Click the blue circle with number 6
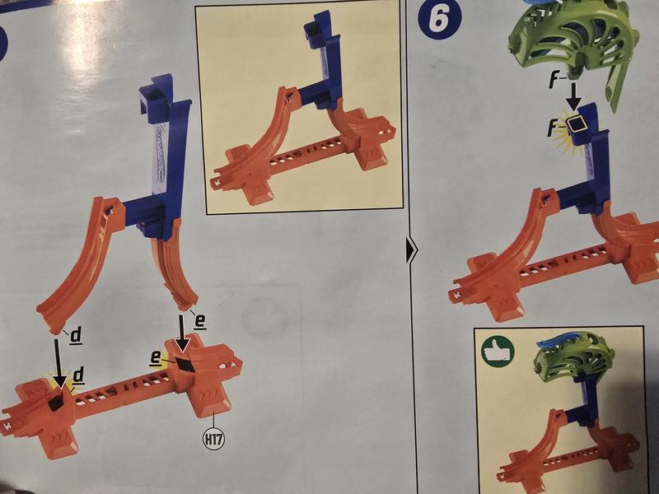tap(440, 19)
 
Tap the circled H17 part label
tap(213, 440)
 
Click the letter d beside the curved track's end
tap(76, 336)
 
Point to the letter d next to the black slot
tap(78, 375)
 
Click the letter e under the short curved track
tap(200, 321)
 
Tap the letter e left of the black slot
tap(156, 357)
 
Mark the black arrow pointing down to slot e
tap(181, 334)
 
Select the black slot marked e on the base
tap(185, 363)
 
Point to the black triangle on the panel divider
tap(411, 250)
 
